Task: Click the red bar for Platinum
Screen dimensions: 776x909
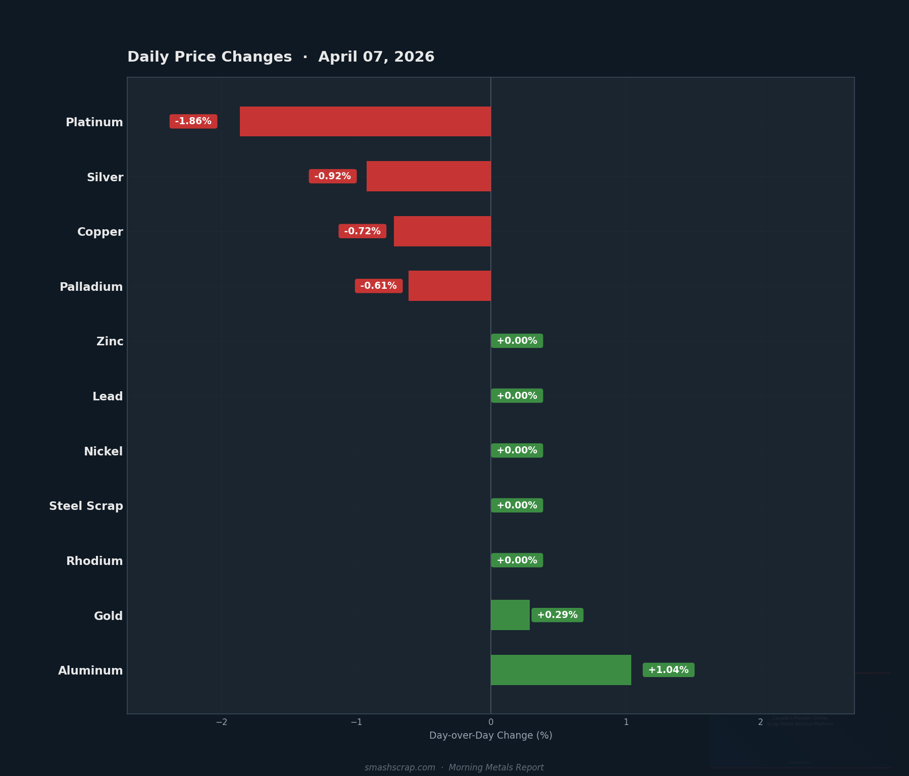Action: (x=365, y=121)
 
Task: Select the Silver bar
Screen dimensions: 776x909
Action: (x=428, y=176)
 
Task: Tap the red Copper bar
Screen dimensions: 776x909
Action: (x=442, y=231)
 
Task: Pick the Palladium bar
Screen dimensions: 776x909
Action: (x=449, y=286)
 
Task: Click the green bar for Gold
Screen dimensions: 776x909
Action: (x=510, y=615)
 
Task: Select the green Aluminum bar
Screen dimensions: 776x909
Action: (x=561, y=670)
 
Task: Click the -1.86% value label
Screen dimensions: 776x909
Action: (x=193, y=121)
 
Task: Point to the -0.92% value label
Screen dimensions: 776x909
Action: (x=333, y=176)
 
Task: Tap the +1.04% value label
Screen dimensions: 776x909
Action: (x=668, y=670)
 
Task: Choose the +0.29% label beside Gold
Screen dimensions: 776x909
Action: (x=557, y=615)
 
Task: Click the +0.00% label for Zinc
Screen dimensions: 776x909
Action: (x=517, y=341)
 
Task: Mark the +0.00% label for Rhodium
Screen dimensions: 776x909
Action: (x=517, y=560)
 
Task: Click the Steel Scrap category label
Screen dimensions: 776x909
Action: (x=86, y=506)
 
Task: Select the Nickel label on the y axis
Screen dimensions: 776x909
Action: (x=103, y=451)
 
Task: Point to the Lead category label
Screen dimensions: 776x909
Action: (x=108, y=396)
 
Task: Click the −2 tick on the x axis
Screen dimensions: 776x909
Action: (x=222, y=722)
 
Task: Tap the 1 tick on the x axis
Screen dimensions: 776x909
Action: (x=626, y=722)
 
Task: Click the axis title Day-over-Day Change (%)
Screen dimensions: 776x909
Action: (x=490, y=736)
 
